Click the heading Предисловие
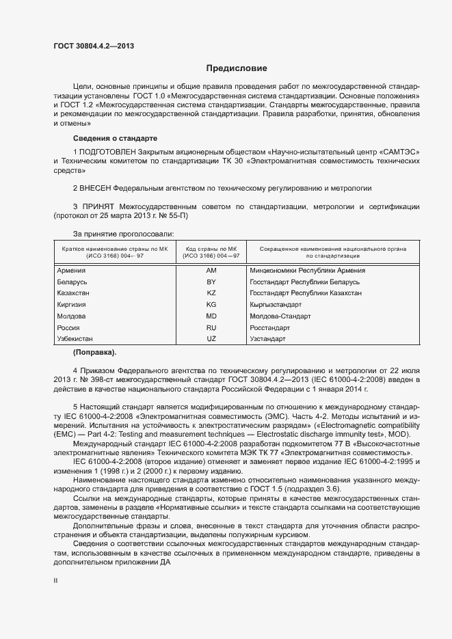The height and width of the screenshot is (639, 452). tap(237, 68)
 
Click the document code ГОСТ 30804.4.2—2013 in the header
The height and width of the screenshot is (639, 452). tap(93, 46)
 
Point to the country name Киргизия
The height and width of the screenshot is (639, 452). tap(72, 305)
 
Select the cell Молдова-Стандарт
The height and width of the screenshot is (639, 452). tap(280, 316)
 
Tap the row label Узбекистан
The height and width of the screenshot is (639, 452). tap(75, 339)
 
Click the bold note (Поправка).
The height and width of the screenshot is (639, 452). tap(94, 353)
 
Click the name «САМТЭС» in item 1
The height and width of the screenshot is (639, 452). tap(399, 150)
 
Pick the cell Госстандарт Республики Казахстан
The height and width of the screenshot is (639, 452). tap(306, 293)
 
